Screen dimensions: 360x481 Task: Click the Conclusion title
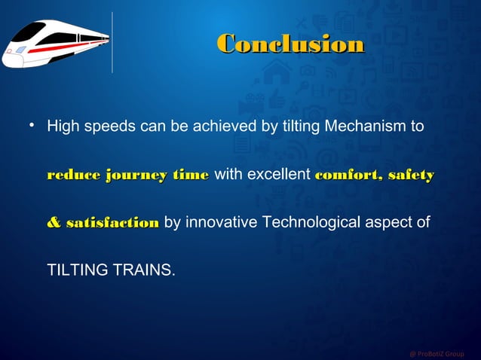(x=290, y=44)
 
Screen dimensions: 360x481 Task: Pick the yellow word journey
(x=136, y=175)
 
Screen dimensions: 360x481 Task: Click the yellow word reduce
(x=74, y=175)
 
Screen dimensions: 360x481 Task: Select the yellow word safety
(x=412, y=175)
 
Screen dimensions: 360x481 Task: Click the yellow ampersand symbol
(x=54, y=223)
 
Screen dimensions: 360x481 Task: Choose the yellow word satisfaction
(x=112, y=223)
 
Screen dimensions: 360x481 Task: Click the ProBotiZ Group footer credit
(x=437, y=353)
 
